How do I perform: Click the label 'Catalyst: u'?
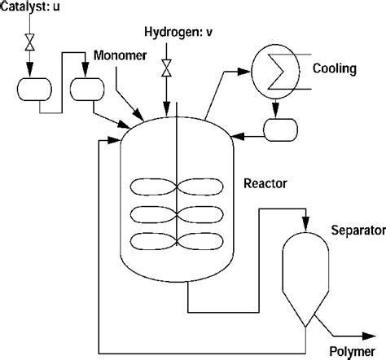tap(30, 7)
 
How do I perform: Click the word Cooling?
tap(334, 69)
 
